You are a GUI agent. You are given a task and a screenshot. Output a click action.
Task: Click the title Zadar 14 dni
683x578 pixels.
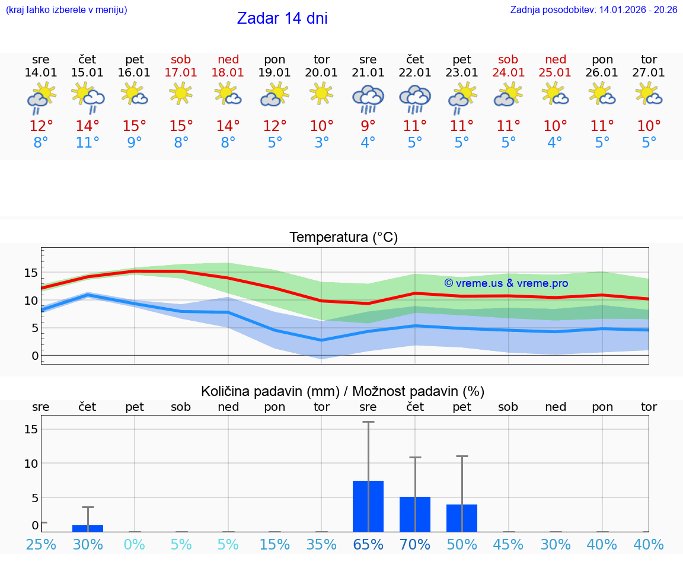coord(282,18)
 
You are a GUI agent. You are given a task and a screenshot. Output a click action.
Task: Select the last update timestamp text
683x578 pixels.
coord(593,9)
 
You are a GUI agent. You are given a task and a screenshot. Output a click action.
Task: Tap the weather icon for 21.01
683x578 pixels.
coord(368,98)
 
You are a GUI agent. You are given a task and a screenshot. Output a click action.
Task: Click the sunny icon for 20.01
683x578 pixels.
coord(321,93)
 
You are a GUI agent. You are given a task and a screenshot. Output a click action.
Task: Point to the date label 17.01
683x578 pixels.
coord(181,73)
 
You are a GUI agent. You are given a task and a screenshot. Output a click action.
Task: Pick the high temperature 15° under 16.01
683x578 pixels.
coord(135,126)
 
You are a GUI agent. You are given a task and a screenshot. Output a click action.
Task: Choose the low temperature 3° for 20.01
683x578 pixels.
coord(321,143)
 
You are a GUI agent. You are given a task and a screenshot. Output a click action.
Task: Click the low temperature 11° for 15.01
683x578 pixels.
coord(88,143)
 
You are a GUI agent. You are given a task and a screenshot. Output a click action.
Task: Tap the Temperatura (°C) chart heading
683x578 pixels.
coord(343,238)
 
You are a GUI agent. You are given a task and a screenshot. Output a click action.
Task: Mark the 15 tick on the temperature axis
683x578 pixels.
coord(31,273)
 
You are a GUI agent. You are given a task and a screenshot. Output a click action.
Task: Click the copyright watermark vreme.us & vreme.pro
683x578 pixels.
coord(506,283)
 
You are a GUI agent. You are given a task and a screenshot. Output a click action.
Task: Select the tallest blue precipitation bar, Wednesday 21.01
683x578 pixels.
coord(368,506)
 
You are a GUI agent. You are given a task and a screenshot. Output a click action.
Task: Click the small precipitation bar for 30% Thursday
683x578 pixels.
coord(88,528)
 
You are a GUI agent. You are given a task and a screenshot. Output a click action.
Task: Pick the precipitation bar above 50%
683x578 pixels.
coord(462,518)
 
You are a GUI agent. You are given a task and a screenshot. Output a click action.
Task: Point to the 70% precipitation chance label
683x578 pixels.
coord(415,545)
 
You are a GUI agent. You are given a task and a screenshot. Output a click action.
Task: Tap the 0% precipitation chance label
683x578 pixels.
coord(135,545)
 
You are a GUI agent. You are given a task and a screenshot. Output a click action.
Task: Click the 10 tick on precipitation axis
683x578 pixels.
coord(31,463)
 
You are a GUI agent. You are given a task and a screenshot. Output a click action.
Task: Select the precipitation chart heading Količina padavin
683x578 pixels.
coord(343,391)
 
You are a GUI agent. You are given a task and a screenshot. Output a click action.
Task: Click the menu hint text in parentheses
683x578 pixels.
coord(66,9)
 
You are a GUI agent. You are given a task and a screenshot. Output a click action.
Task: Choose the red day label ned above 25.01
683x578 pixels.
coord(556,59)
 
